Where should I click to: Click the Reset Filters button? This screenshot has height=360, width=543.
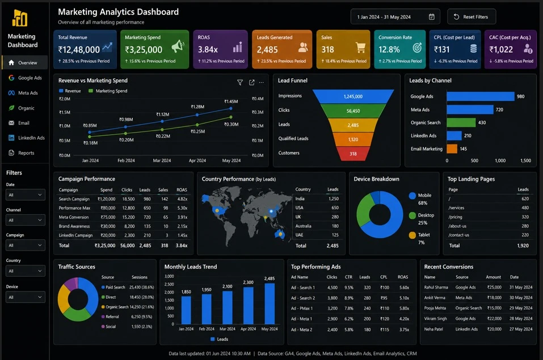tap(472, 16)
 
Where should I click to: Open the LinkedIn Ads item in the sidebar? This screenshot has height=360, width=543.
tap(27, 138)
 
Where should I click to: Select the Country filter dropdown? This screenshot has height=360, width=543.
tap(26, 270)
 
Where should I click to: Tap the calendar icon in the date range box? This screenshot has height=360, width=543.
tap(431, 16)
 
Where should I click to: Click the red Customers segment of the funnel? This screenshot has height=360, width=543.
tap(353, 154)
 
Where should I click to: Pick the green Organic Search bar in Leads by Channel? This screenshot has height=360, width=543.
tap(461, 122)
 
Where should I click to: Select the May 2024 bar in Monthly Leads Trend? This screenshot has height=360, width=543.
tap(270, 303)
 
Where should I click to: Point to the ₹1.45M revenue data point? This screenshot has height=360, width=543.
tap(230, 108)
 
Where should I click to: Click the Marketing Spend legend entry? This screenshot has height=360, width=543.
tap(108, 91)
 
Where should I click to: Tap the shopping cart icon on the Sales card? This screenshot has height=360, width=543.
tap(360, 48)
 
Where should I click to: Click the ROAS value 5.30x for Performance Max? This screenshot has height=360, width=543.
tap(182, 208)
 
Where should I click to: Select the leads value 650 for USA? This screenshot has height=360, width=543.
tap(335, 207)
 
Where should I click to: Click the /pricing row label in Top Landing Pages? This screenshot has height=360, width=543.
tap(455, 217)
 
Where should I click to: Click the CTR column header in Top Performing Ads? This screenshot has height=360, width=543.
tap(348, 277)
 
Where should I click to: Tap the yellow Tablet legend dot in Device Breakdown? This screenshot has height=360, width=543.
tap(412, 235)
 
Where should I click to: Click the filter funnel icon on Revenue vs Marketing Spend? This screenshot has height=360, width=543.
tap(239, 82)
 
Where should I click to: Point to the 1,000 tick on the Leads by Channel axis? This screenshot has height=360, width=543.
tap(500, 160)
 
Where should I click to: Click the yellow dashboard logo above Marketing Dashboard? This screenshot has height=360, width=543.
tap(20, 18)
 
